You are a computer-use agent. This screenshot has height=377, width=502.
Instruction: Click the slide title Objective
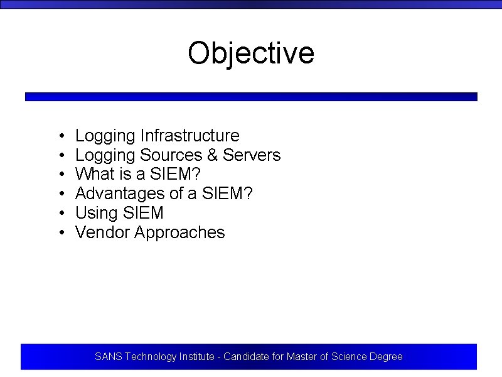point(251,53)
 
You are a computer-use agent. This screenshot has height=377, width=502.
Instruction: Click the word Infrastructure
point(190,136)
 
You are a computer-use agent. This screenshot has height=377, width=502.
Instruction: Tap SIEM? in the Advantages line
point(228,194)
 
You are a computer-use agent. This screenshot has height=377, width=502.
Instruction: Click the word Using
point(92,213)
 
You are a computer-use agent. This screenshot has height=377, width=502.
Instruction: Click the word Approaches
point(179,232)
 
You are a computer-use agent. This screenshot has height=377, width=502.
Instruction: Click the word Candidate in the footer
point(246,357)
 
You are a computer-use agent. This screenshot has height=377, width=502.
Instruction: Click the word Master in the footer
point(301,357)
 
